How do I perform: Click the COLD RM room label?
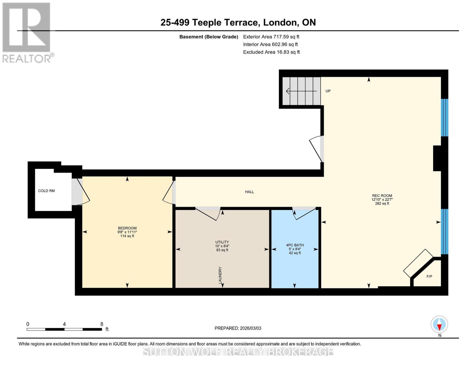click(46, 191)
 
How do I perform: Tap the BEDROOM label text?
click(127, 228)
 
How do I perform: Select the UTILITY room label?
click(222, 242)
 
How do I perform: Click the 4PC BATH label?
click(295, 245)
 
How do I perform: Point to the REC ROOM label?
click(382, 196)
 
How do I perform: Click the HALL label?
click(249, 192)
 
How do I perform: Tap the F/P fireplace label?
click(429, 276)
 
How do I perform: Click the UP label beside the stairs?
click(328, 91)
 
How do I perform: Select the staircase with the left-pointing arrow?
click(301, 91)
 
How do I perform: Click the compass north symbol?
click(439, 324)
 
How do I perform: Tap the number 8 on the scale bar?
click(102, 324)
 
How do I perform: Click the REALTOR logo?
click(27, 32)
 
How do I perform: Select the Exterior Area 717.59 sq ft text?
click(271, 37)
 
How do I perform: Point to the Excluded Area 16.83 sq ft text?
click(271, 52)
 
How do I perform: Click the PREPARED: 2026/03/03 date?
click(238, 328)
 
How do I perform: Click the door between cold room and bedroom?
click(80, 192)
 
